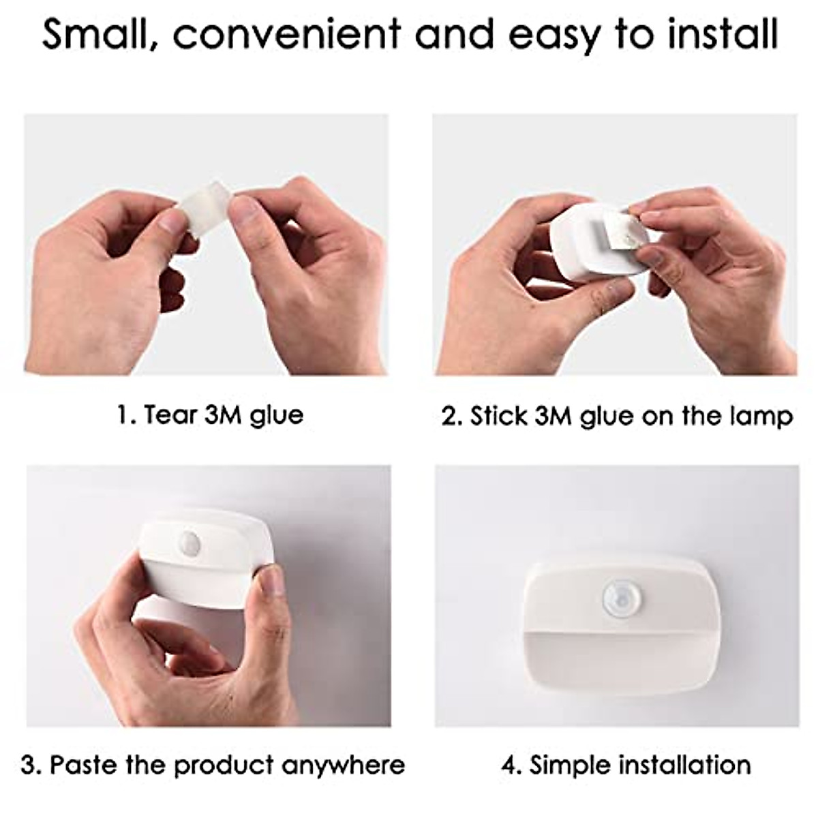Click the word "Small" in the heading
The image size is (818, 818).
click(95, 34)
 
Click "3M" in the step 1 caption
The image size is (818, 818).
click(223, 414)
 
